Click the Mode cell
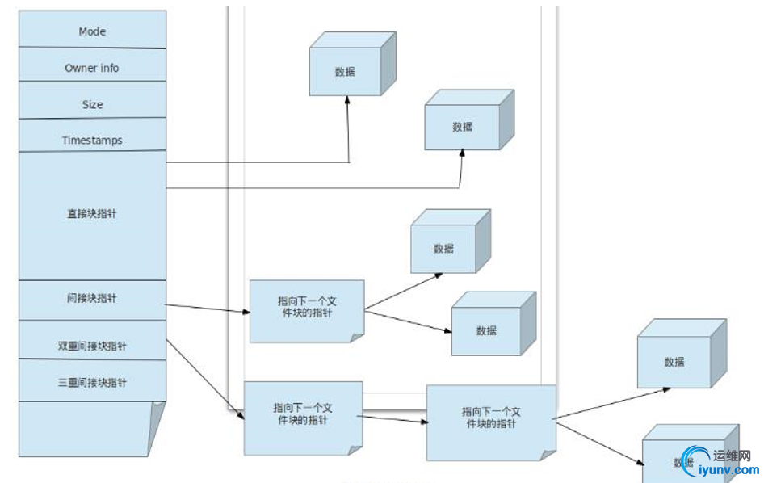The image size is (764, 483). [x=92, y=31]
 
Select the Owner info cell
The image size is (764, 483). [x=92, y=68]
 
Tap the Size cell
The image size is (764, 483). [x=92, y=104]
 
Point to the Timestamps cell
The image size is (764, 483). [x=92, y=140]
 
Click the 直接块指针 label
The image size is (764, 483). [x=92, y=214]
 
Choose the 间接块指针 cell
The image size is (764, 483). [x=92, y=299]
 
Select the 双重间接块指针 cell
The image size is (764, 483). [x=92, y=346]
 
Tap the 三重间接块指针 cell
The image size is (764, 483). [x=92, y=382]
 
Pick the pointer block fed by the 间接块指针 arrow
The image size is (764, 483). [x=306, y=311]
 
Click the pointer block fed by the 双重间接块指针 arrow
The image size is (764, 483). [x=302, y=418]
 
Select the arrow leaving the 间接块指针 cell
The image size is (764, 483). [x=207, y=309]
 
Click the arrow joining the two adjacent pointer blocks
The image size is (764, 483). [x=394, y=418]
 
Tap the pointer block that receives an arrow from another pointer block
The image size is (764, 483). [x=490, y=422]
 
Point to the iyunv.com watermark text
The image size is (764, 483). [x=724, y=471]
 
